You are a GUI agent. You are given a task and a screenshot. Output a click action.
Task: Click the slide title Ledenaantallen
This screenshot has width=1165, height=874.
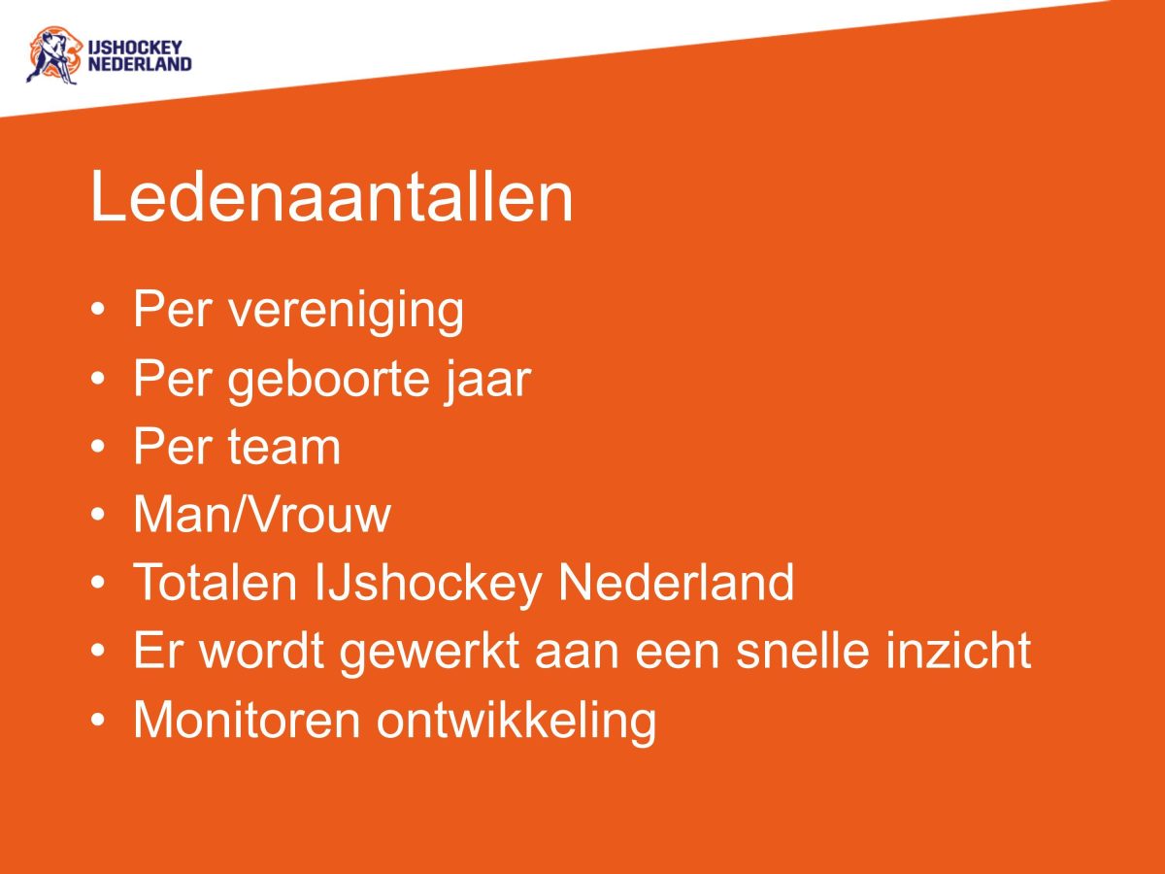coord(331,198)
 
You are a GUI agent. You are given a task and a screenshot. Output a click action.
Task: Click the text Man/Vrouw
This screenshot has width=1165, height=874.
coord(261,515)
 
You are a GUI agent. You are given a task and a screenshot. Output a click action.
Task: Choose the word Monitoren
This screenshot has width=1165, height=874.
coord(247,720)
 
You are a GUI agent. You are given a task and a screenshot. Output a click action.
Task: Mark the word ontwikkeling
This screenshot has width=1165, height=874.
coord(516,721)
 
